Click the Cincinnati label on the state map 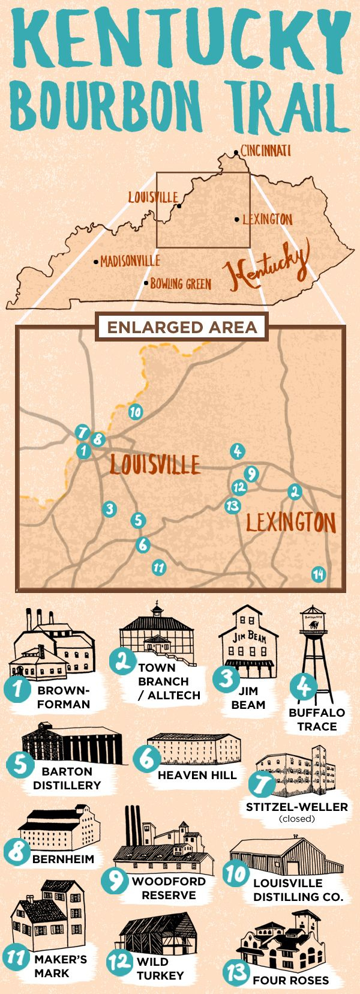[265, 150]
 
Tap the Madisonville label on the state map [130, 261]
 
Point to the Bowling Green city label [181, 283]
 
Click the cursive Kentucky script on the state [267, 267]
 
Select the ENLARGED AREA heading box [182, 327]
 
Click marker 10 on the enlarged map [135, 412]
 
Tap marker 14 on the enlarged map [318, 574]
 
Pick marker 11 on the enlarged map [158, 567]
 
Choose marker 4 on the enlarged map [237, 451]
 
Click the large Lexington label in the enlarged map [290, 522]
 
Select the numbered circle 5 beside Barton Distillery [20, 765]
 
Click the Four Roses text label [290, 980]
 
